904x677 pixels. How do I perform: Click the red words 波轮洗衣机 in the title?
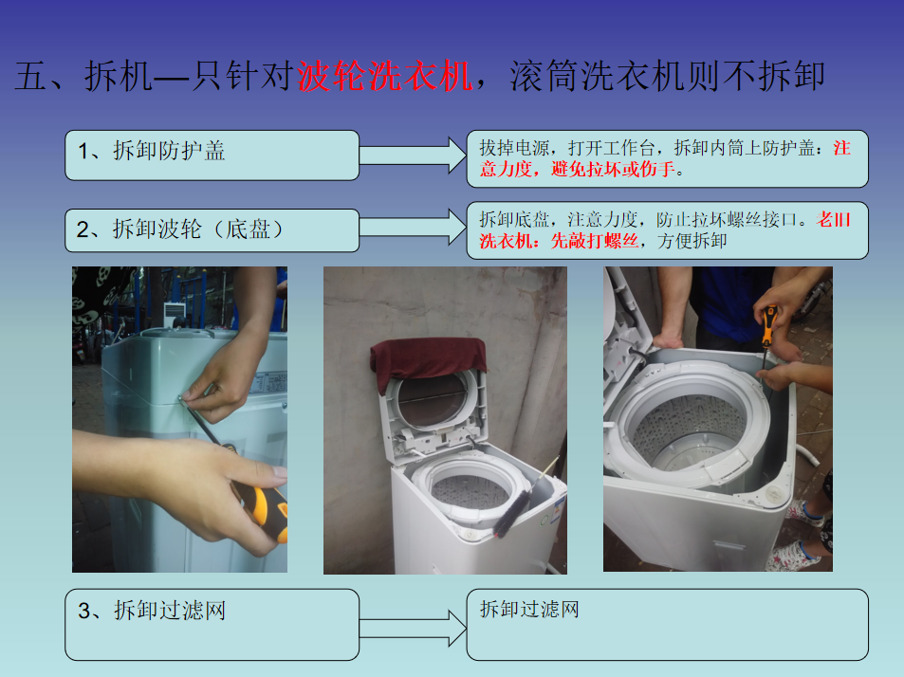pyautogui.click(x=384, y=77)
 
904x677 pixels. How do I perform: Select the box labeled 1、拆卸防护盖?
pyautogui.click(x=212, y=155)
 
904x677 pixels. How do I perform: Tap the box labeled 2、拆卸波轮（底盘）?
pyautogui.click(x=212, y=230)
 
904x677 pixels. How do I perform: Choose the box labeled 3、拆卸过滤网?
pyautogui.click(x=212, y=625)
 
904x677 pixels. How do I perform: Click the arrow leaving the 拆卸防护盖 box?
pyautogui.click(x=413, y=155)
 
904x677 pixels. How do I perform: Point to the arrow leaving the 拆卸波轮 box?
pyautogui.click(x=413, y=227)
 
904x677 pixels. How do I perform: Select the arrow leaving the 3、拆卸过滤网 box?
pyautogui.click(x=413, y=628)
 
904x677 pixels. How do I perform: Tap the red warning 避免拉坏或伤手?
pyautogui.click(x=613, y=170)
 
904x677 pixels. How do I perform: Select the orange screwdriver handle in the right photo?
pyautogui.click(x=768, y=326)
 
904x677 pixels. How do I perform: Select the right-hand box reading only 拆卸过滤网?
pyautogui.click(x=667, y=625)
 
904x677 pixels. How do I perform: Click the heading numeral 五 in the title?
pyautogui.click(x=30, y=77)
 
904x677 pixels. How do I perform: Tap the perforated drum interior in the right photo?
pyautogui.click(x=690, y=430)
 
